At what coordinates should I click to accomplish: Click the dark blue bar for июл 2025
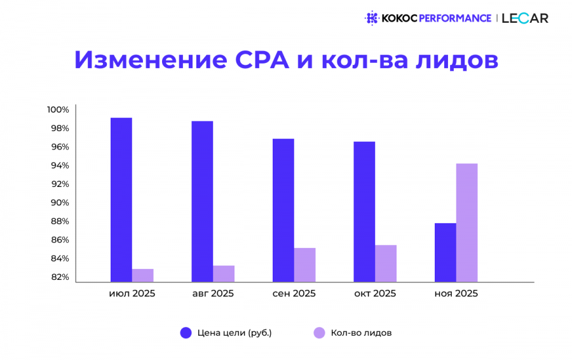(121, 200)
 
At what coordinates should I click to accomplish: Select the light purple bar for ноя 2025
(466, 223)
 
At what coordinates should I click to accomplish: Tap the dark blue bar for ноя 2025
(446, 253)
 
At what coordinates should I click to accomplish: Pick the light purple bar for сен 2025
(304, 265)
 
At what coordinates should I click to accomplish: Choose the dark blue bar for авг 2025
(202, 202)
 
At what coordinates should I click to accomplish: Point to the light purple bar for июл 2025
(142, 275)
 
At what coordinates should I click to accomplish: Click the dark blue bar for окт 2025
(364, 212)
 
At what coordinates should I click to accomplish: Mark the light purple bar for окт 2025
(386, 263)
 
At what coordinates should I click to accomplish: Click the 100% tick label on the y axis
(58, 109)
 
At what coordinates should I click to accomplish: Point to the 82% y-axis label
(60, 277)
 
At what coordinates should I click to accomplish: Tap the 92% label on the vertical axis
(60, 184)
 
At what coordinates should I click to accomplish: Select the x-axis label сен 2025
(294, 294)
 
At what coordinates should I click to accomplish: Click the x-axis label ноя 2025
(456, 294)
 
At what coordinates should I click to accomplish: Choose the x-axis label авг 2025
(213, 294)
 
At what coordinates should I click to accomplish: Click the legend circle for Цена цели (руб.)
(186, 333)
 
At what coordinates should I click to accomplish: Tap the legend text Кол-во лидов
(361, 333)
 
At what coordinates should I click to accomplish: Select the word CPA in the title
(262, 60)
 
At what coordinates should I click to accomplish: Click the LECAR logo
(525, 18)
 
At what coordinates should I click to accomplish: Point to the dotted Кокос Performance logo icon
(372, 18)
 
